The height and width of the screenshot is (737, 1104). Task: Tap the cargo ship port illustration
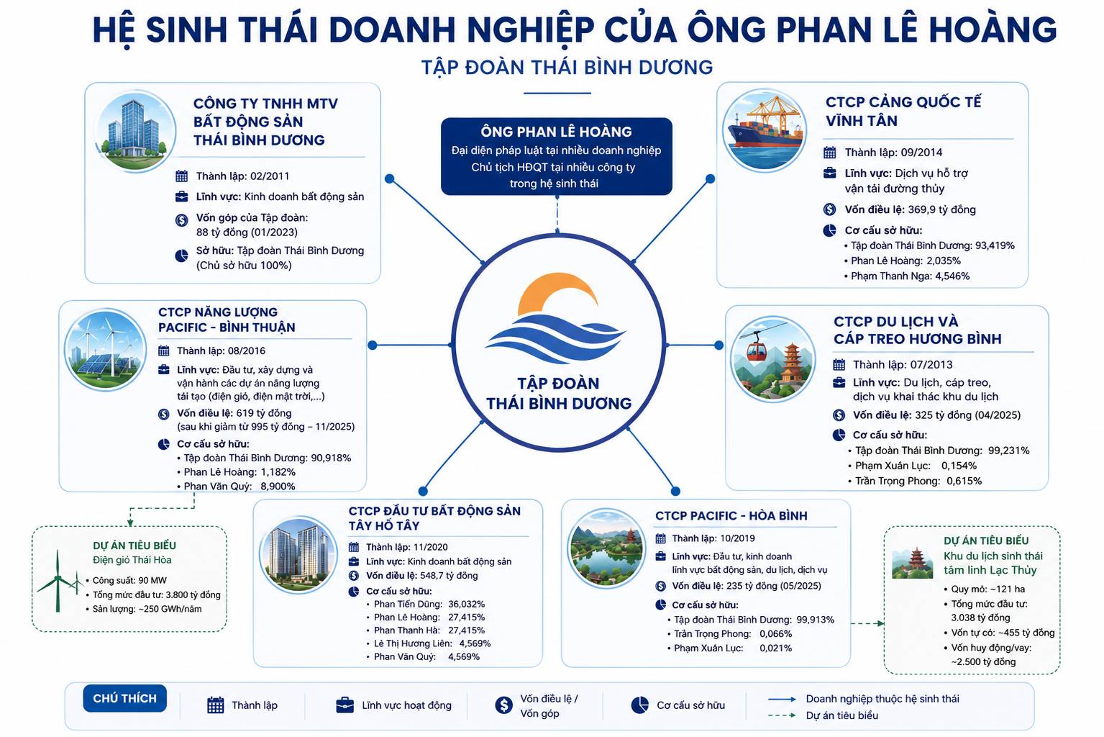pyautogui.click(x=765, y=130)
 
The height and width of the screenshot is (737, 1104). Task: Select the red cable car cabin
pyautogui.click(x=756, y=350)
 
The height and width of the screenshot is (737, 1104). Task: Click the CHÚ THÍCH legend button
pyautogui.click(x=124, y=698)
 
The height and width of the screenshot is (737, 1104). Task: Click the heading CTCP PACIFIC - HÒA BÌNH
pyautogui.click(x=731, y=515)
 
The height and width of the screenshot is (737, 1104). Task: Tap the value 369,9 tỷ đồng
pyautogui.click(x=941, y=209)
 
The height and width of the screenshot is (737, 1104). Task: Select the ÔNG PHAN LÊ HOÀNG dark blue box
pyautogui.click(x=557, y=156)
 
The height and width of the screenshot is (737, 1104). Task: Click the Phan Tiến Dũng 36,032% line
pyautogui.click(x=429, y=604)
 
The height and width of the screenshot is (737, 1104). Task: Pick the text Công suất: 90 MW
pyautogui.click(x=129, y=580)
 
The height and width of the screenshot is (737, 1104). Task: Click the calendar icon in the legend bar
pyautogui.click(x=215, y=705)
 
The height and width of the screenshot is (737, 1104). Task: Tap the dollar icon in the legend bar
pyautogui.click(x=503, y=705)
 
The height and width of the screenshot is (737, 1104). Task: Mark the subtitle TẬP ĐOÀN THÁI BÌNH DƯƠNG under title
pyautogui.click(x=567, y=67)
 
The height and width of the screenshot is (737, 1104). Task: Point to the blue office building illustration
pyautogui.click(x=134, y=131)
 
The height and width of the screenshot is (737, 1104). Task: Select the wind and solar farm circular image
pyautogui.click(x=105, y=350)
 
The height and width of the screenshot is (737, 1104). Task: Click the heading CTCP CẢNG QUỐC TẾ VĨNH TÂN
pyautogui.click(x=903, y=111)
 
